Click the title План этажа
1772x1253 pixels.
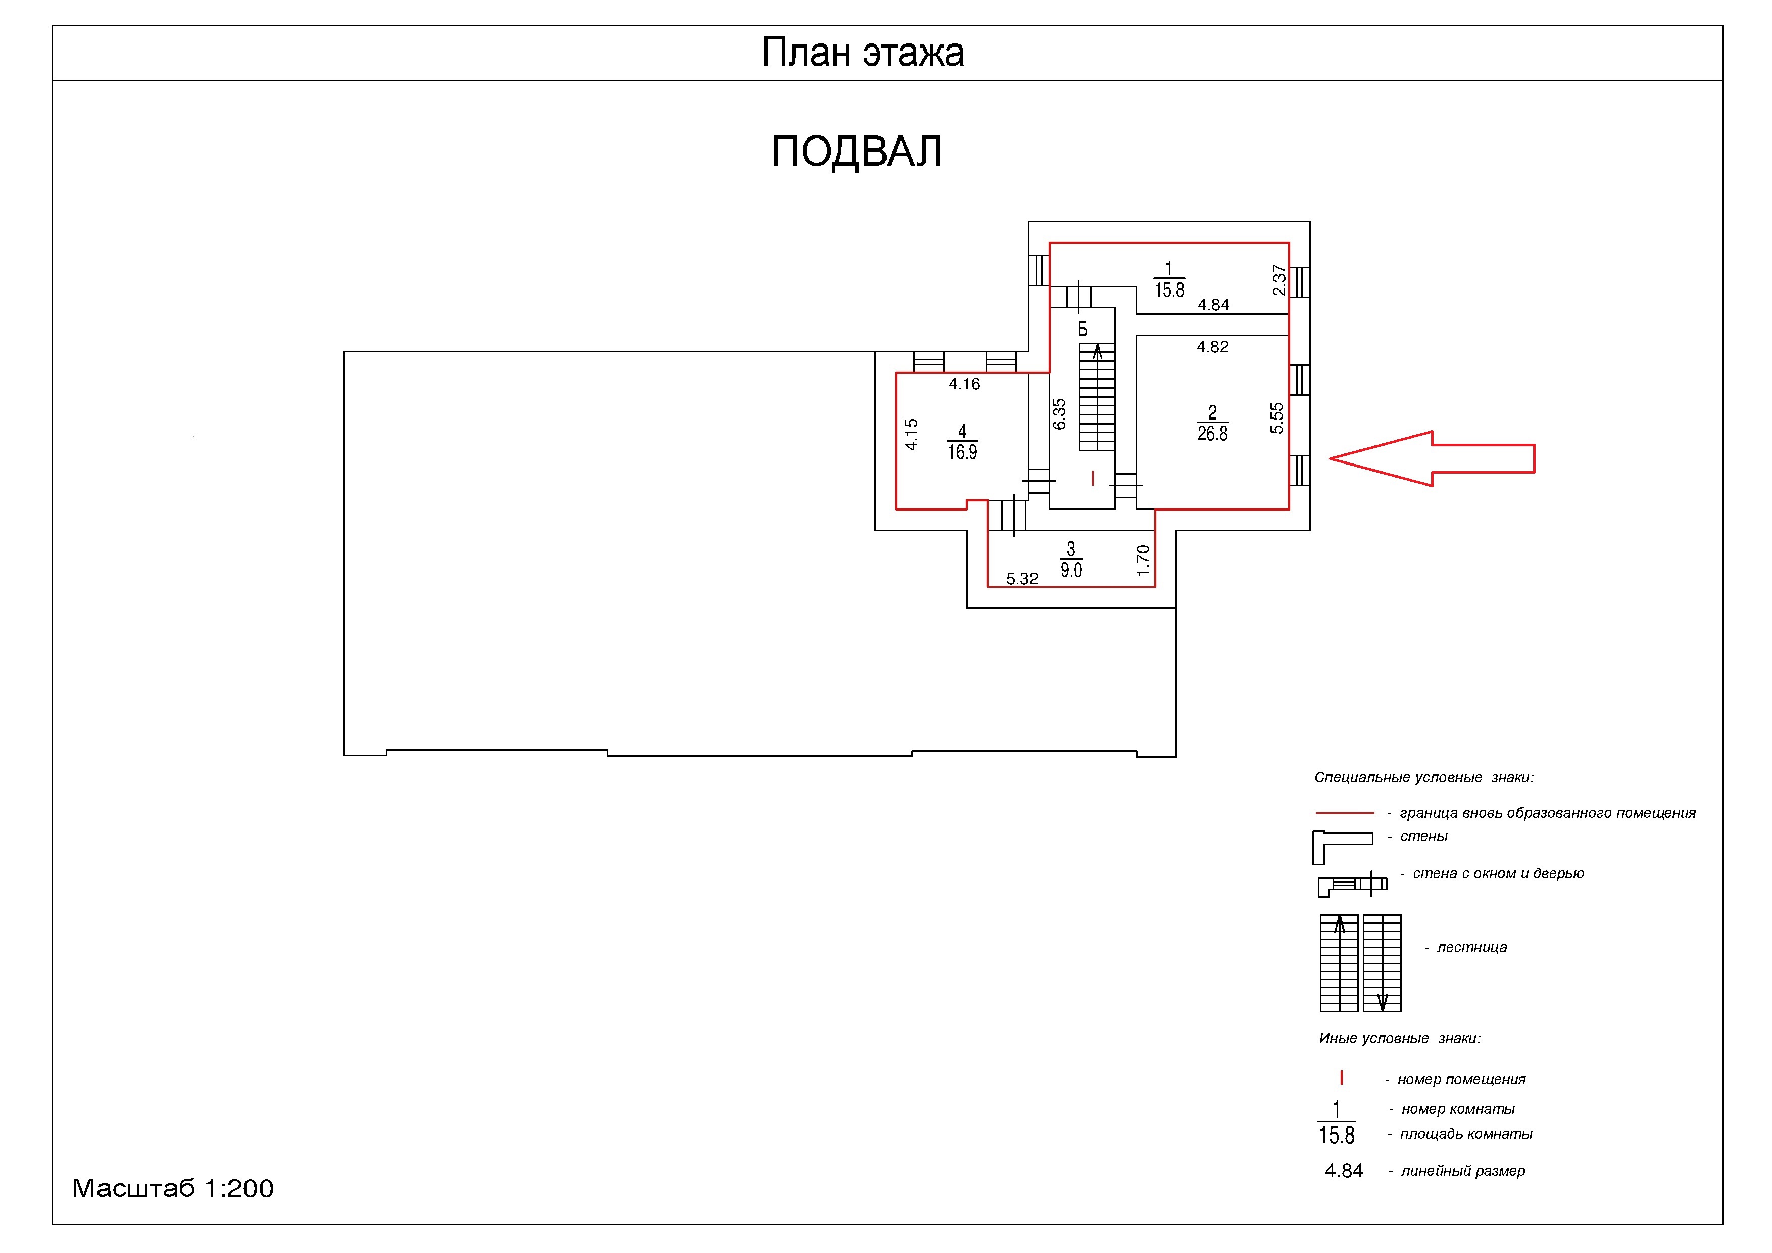[862, 53]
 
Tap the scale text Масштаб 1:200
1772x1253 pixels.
[173, 1188]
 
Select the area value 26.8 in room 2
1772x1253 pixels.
[1212, 434]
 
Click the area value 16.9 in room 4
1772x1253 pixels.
[962, 452]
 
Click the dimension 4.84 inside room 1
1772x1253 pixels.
[1213, 305]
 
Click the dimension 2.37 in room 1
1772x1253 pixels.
[1279, 280]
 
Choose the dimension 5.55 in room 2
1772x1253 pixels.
[1276, 417]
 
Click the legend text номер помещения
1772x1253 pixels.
[1461, 1079]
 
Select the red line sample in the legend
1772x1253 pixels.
[1345, 813]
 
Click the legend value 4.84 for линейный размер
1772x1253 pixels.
[1344, 1171]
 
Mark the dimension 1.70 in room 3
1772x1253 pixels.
[1143, 561]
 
